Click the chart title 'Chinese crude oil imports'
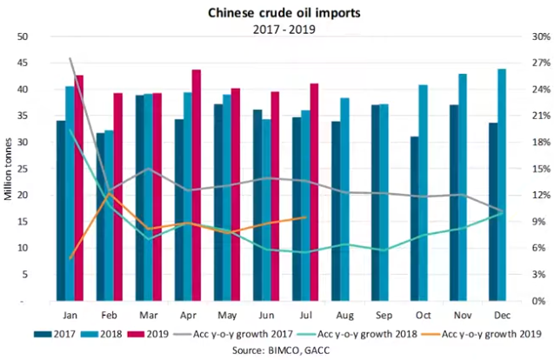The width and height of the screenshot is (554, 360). point(277,12)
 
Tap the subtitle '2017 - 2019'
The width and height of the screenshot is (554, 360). point(277,28)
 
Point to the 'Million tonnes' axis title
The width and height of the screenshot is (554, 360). point(8,170)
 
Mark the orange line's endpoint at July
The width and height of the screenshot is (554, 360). point(305,217)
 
